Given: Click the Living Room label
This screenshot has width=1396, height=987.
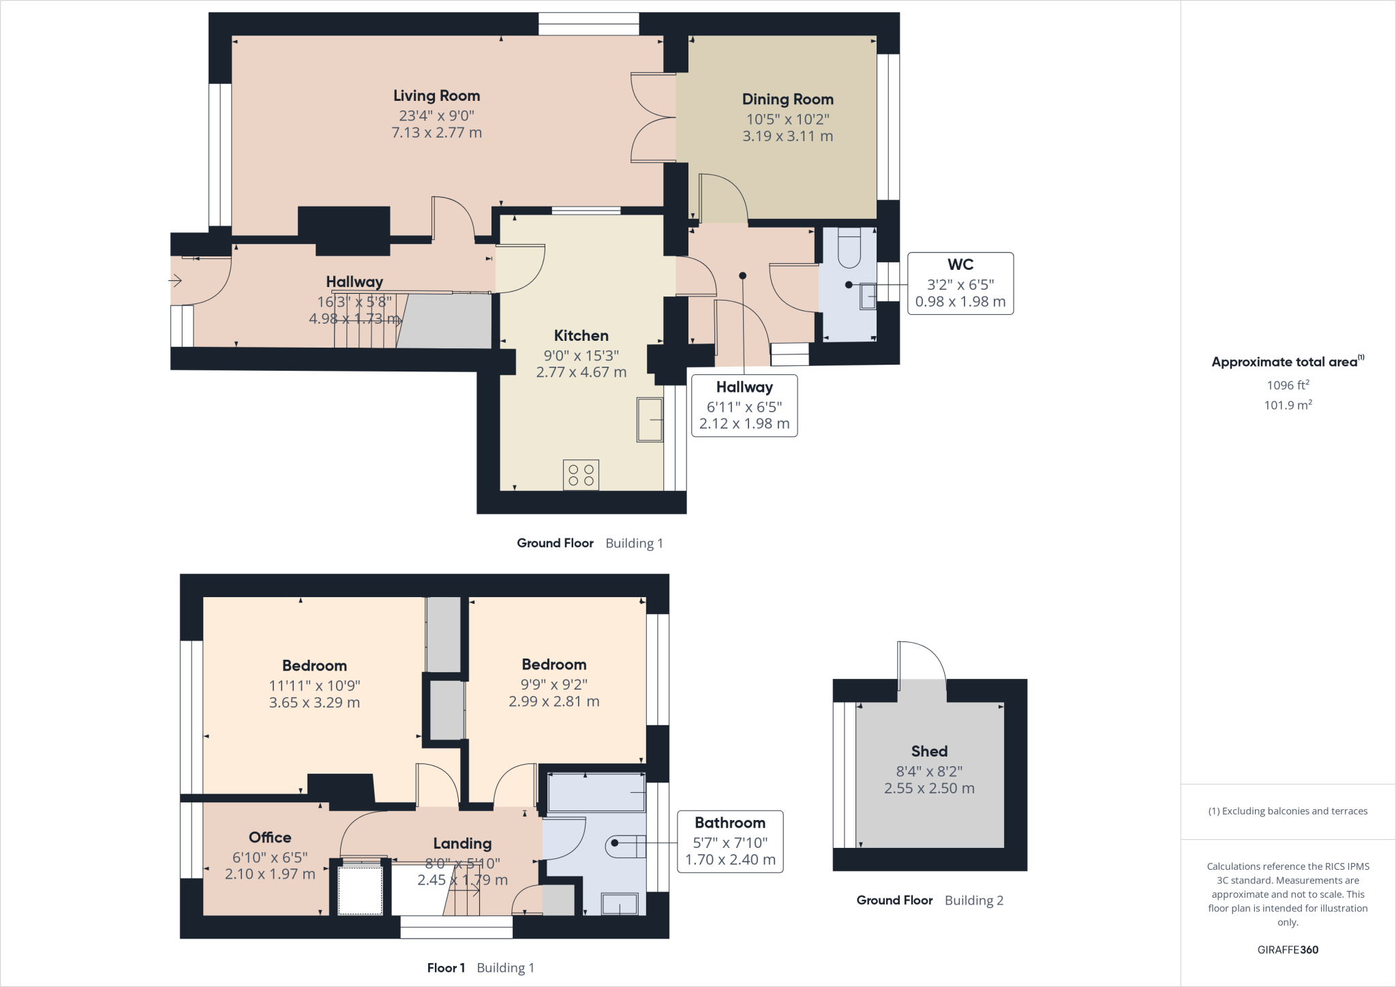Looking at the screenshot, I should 436,96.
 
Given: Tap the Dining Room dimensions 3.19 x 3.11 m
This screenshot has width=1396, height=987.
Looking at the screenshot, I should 787,136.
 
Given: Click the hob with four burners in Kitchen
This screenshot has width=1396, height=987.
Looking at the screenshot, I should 581,474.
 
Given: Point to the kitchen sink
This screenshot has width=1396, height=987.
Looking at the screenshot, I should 650,420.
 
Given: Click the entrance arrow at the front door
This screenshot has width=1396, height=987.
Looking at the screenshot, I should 175,280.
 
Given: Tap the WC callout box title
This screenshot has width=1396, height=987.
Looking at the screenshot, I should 960,264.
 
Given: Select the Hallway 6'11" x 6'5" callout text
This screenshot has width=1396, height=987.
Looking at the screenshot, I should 744,407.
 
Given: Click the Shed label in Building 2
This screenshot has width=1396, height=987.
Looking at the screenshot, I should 929,751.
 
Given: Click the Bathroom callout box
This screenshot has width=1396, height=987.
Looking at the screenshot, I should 729,841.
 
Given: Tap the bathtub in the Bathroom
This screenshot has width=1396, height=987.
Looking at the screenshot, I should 596,792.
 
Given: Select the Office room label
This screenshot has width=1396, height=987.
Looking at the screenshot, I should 270,838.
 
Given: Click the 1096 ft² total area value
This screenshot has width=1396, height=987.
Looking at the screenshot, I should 1288,385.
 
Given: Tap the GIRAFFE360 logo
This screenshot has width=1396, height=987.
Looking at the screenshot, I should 1288,950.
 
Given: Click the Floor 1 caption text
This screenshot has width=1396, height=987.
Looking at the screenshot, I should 446,968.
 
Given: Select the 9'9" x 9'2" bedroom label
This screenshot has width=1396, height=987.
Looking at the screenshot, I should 553,684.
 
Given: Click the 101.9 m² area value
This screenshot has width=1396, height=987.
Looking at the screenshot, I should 1288,405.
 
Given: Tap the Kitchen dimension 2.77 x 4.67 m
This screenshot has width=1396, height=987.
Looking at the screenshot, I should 581,372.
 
